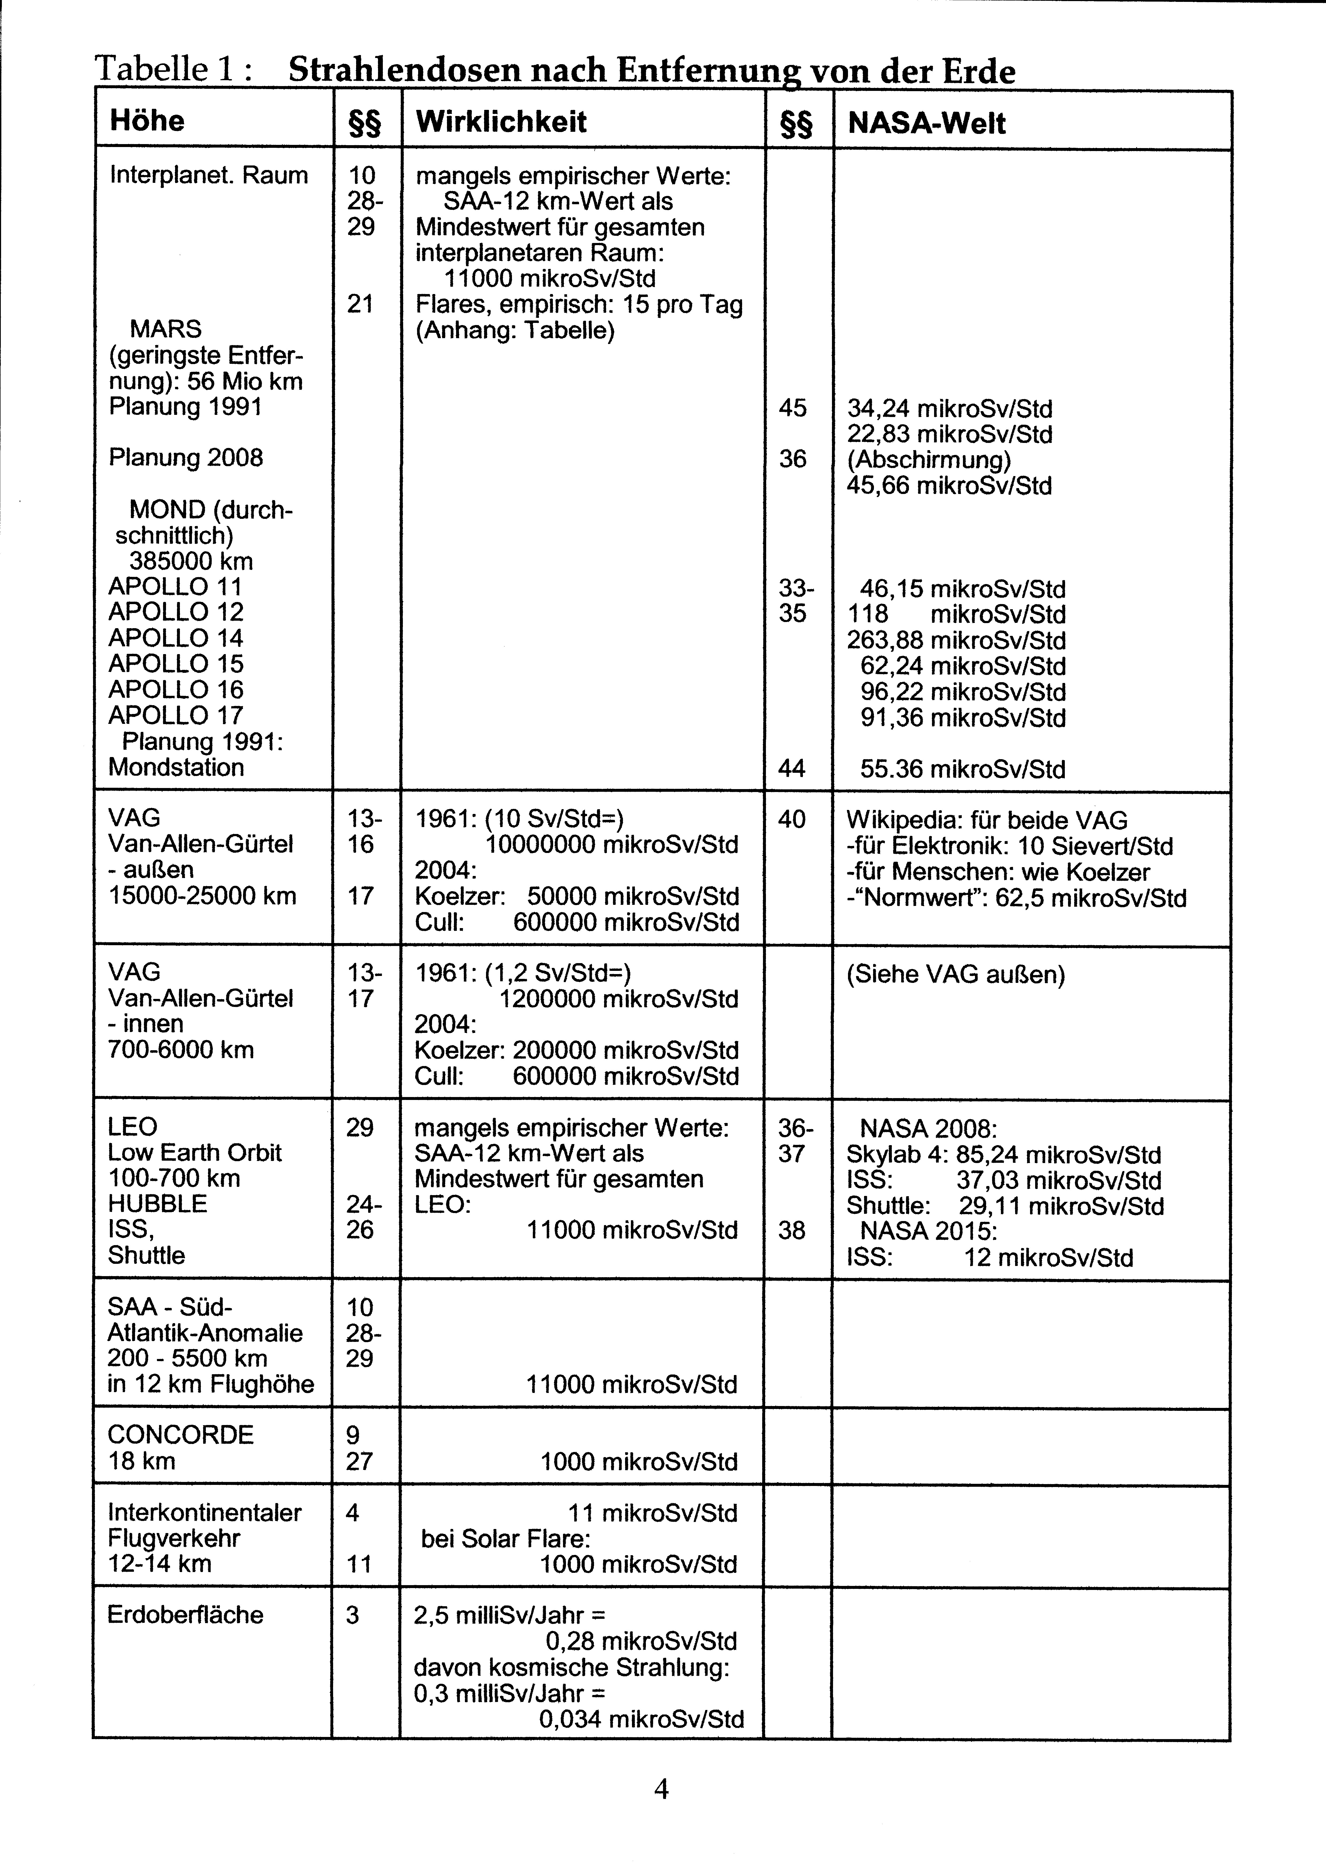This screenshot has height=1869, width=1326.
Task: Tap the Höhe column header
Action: pos(147,121)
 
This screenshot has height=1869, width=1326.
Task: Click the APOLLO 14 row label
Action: pos(176,638)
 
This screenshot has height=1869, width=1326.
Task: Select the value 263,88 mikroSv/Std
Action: pos(955,641)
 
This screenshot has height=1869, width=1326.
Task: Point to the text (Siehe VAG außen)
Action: pos(955,975)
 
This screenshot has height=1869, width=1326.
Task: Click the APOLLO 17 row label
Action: pos(176,716)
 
